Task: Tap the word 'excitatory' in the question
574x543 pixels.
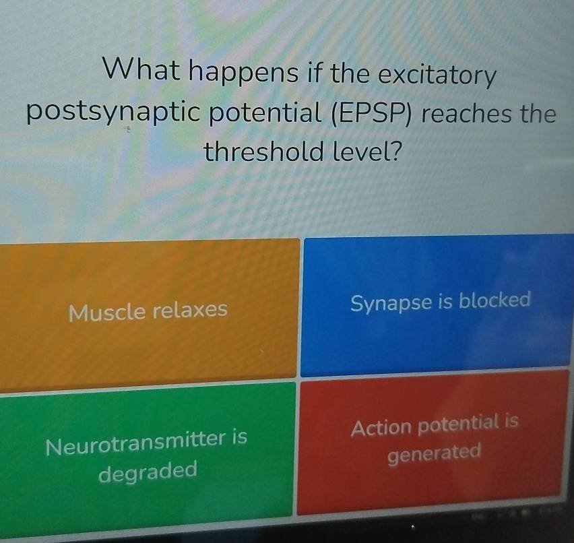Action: click(x=437, y=75)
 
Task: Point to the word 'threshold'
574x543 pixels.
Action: click(x=263, y=151)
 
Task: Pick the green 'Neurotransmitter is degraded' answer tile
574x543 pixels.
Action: click(x=146, y=456)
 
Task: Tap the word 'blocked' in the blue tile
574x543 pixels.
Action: click(x=495, y=300)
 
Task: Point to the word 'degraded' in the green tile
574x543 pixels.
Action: click(x=148, y=472)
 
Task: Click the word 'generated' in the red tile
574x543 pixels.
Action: click(x=434, y=453)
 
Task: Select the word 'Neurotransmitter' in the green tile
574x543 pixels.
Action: click(x=136, y=443)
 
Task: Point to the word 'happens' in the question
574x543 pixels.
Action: click(x=243, y=72)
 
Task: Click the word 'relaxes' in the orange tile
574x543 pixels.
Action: click(x=190, y=310)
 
